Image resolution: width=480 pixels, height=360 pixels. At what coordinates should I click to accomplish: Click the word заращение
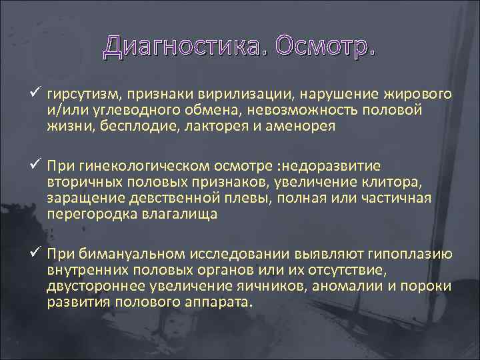coord(80,198)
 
